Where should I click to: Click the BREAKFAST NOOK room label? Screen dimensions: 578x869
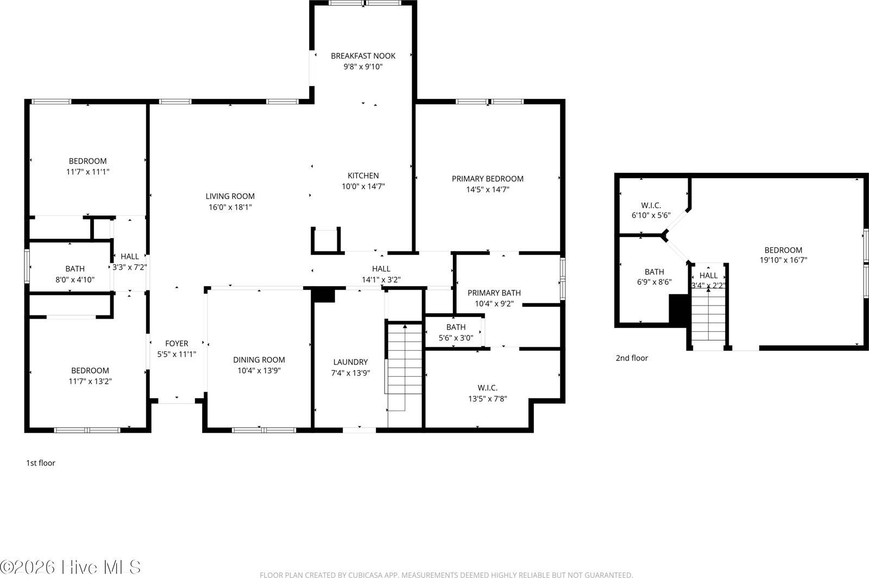coord(363,55)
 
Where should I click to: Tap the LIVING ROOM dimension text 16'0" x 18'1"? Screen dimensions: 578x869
coord(230,207)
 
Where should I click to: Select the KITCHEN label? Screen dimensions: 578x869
coord(363,175)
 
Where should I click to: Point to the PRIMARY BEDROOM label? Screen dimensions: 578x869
coord(487,178)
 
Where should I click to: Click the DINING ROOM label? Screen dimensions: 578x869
coord(259,359)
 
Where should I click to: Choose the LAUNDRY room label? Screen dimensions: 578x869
coord(350,362)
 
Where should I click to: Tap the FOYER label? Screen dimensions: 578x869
coord(177,343)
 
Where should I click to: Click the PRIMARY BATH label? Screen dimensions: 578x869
coord(494,293)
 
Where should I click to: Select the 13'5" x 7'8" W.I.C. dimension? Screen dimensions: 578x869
coord(487,398)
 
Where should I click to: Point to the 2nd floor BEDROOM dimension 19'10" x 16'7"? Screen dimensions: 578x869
coord(783,260)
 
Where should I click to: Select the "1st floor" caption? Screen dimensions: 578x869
coord(41,463)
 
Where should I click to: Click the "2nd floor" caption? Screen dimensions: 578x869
coord(632,358)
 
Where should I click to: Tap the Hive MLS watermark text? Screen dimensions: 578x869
coord(71,566)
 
